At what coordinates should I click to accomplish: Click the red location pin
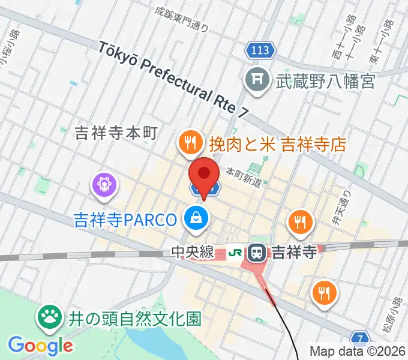[x=204, y=175]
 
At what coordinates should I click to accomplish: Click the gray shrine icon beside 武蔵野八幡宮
[x=257, y=80]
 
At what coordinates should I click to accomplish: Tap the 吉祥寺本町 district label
[x=116, y=133]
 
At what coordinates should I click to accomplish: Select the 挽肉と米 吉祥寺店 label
[x=277, y=144]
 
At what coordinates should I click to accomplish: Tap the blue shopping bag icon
[x=196, y=219]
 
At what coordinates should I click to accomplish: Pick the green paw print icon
[x=50, y=317]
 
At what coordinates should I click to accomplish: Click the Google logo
[x=40, y=345]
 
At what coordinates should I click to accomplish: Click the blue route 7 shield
[x=359, y=338]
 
